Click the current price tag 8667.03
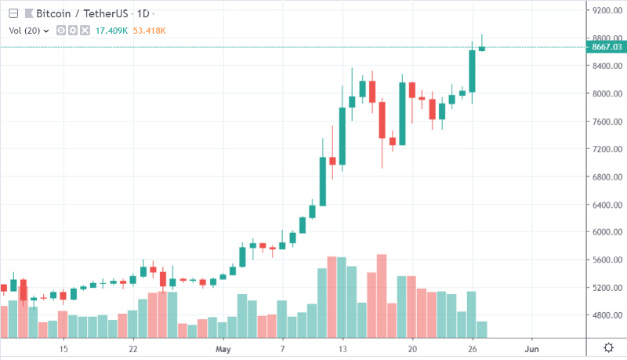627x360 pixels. point(607,48)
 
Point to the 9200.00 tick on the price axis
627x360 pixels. point(607,10)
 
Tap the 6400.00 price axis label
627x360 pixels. point(607,205)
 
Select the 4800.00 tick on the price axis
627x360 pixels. point(607,315)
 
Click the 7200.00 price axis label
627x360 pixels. point(607,149)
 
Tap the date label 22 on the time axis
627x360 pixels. point(133,348)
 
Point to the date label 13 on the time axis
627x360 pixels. point(342,348)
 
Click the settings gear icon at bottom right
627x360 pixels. point(607,347)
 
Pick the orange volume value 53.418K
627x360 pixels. point(149,31)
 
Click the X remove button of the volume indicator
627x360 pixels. point(83,31)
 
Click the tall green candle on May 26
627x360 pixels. point(472,71)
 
